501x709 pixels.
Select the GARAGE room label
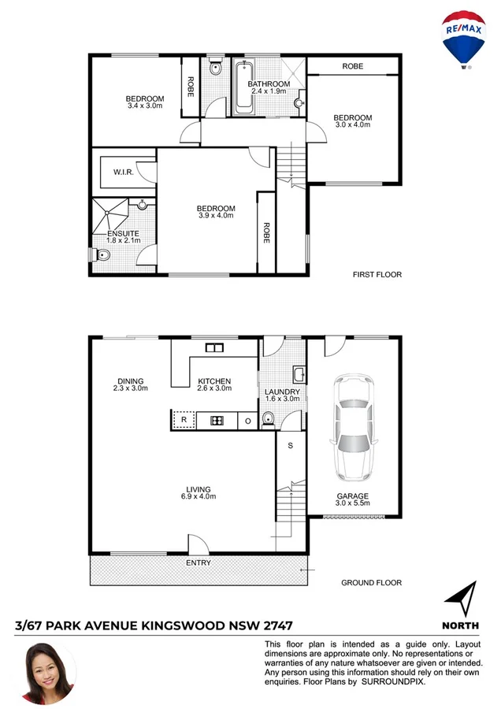(x=352, y=496)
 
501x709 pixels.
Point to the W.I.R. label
(x=122, y=171)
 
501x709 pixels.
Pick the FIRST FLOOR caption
(x=377, y=275)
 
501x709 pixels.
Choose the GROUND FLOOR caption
(x=371, y=583)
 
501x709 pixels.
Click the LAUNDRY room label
(x=282, y=392)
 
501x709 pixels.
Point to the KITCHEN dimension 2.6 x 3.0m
(x=214, y=388)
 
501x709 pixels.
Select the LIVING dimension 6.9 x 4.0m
(x=198, y=497)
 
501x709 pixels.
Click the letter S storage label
(x=290, y=447)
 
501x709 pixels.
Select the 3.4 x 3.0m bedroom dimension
(x=144, y=106)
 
